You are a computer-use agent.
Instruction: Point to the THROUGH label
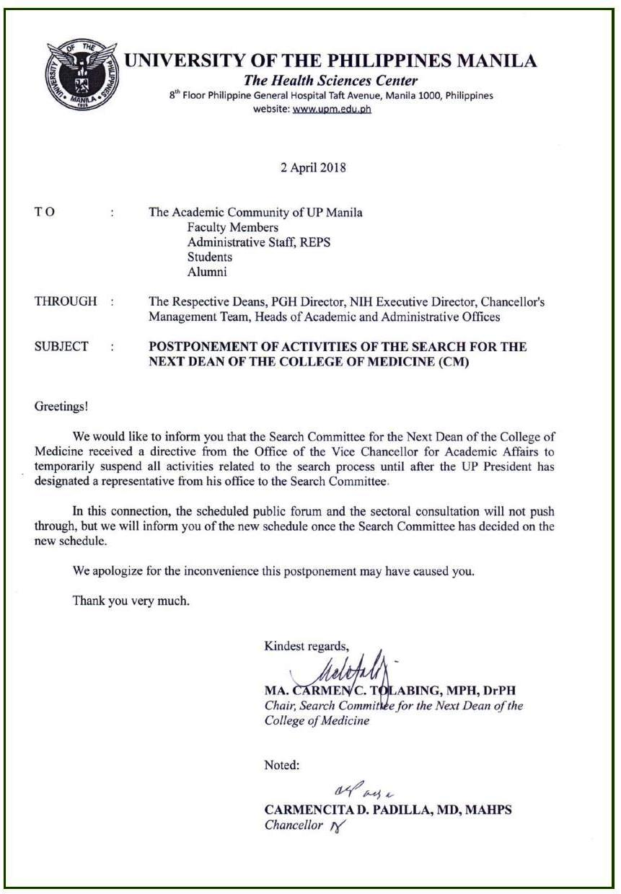(x=66, y=302)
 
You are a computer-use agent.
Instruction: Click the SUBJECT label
(x=61, y=347)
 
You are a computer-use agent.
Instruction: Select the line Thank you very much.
(x=131, y=600)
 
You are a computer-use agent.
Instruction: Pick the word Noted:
(x=282, y=766)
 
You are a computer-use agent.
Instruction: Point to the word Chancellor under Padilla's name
(x=294, y=826)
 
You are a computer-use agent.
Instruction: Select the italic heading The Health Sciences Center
(x=331, y=81)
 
